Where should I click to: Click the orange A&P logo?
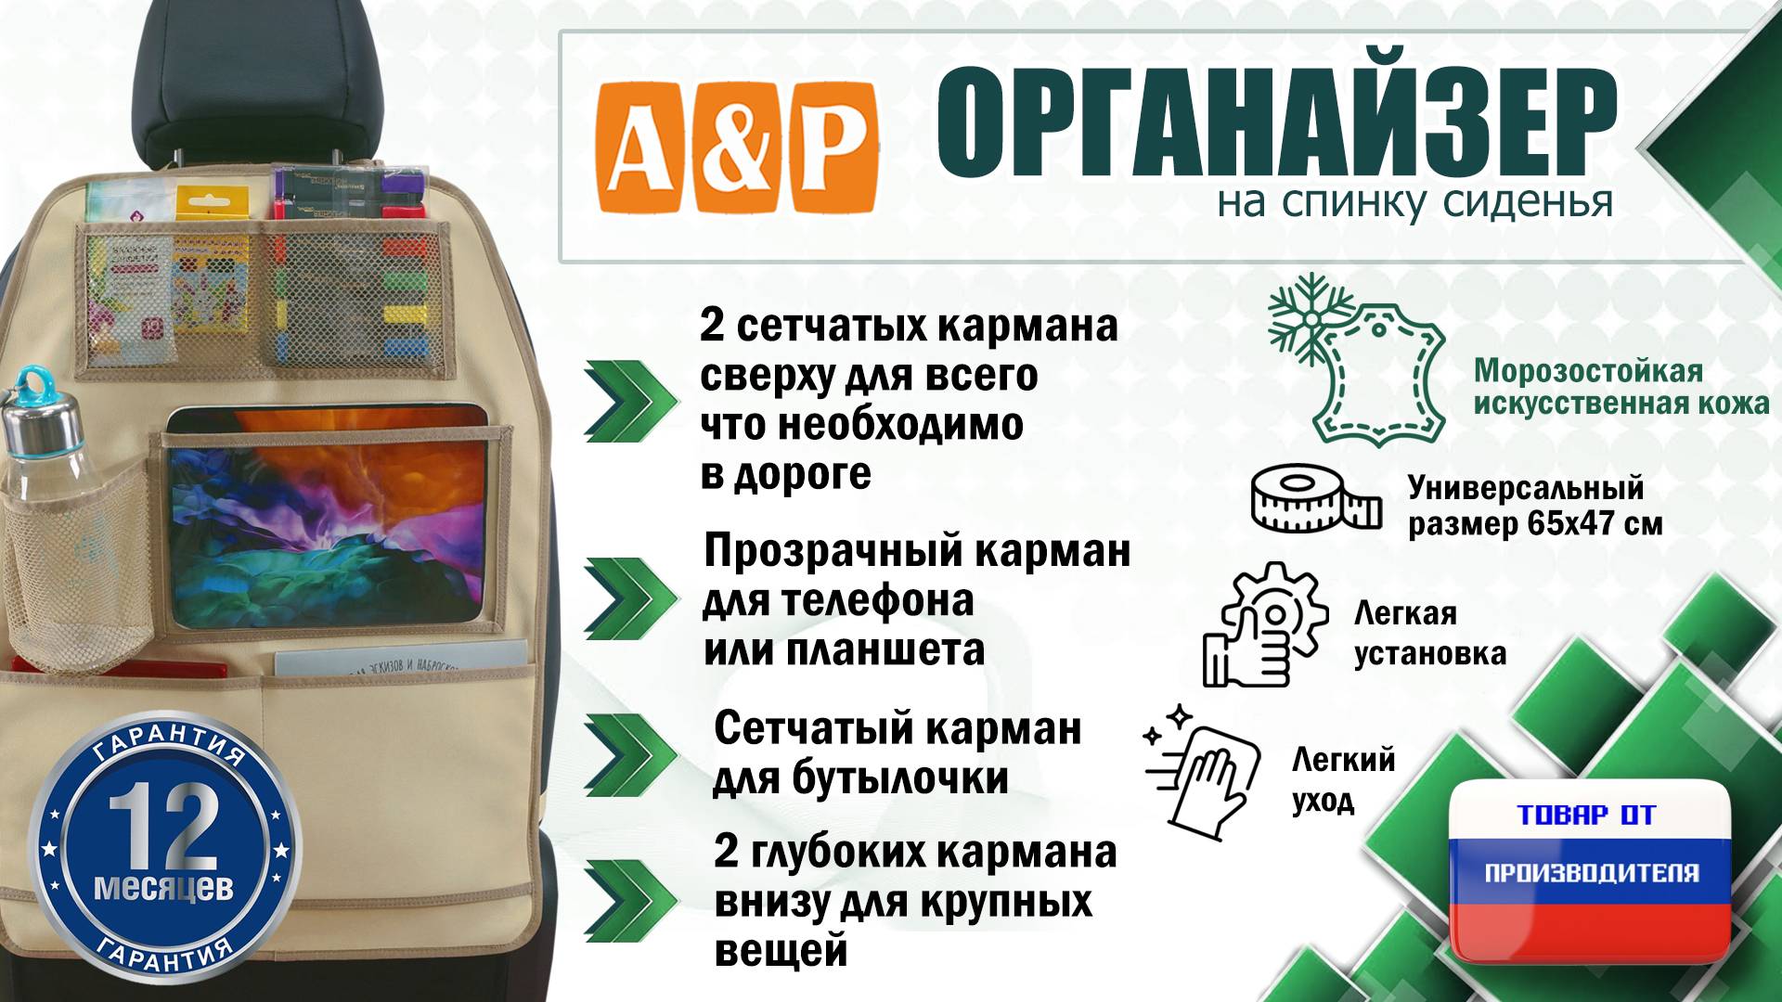coord(737,148)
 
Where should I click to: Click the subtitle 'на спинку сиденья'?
coord(1414,201)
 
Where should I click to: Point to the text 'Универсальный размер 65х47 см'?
coord(1534,506)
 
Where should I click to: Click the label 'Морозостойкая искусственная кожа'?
coord(1621,387)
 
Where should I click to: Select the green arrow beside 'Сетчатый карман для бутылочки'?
coord(630,754)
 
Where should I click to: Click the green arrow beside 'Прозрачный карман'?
coord(630,598)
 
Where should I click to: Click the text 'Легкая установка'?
coord(1428,634)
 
